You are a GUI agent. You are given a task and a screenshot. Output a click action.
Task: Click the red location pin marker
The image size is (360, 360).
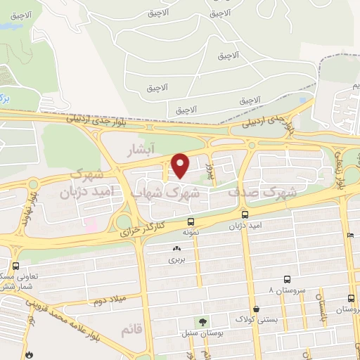click(181, 166)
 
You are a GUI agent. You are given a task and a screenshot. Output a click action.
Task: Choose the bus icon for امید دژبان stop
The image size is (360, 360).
click(245, 214)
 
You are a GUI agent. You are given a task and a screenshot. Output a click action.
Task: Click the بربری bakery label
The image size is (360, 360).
click(174, 260)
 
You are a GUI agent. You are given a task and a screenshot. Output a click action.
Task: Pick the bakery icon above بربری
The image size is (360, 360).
click(175, 248)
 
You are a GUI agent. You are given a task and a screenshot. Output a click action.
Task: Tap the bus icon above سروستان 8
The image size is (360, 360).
click(286, 280)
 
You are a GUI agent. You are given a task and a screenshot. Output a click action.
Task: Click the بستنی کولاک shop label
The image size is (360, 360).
click(256, 320)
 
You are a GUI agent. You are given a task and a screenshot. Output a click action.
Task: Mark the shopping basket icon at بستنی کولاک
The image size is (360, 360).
click(256, 309)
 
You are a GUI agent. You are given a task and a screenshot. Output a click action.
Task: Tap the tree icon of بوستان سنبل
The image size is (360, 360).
click(202, 321)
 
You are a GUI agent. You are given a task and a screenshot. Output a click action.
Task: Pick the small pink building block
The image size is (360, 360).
click(91, 225)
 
